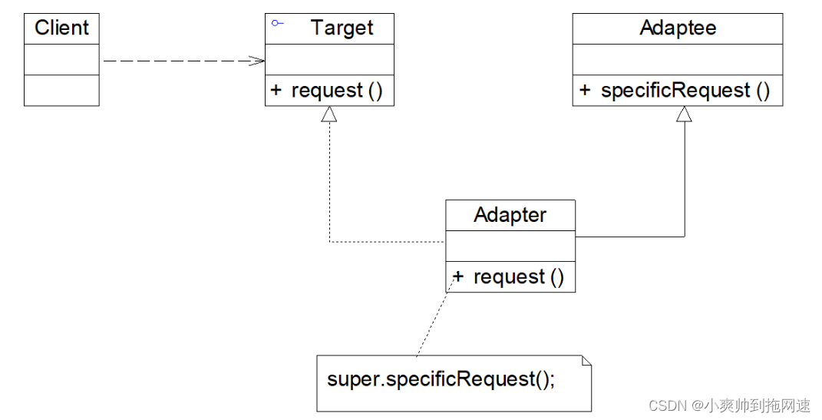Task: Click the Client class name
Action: (x=62, y=28)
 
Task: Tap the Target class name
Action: (x=342, y=28)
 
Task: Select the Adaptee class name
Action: (x=678, y=28)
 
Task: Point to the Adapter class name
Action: (x=510, y=215)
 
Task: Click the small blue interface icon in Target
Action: (x=277, y=23)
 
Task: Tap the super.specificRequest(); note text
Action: (x=441, y=379)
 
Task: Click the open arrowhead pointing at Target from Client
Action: (x=257, y=61)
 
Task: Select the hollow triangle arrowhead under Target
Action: (x=329, y=114)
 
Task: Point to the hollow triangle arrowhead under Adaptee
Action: (x=684, y=114)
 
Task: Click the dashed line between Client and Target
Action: (x=183, y=61)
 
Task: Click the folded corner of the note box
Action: (x=586, y=360)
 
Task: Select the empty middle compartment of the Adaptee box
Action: (x=677, y=60)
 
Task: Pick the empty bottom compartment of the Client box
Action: (x=62, y=90)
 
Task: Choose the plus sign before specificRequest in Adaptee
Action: (x=585, y=90)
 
